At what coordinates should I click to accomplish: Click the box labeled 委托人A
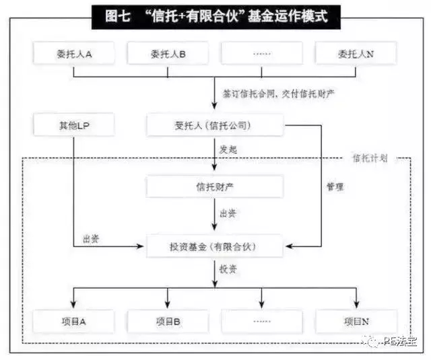[x=73, y=53]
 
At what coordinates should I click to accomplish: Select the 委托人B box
[x=167, y=53]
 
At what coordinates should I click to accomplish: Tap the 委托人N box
[x=356, y=53]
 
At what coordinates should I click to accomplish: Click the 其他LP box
[x=73, y=126]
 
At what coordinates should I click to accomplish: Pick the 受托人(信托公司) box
[x=215, y=126]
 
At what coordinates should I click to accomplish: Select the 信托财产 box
[x=215, y=186]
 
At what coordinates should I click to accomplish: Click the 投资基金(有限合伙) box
[x=215, y=246]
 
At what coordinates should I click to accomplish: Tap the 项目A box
[x=73, y=321]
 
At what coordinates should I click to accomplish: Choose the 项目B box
[x=167, y=321]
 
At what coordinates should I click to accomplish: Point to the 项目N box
[x=356, y=321]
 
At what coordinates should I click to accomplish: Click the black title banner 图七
[x=215, y=16]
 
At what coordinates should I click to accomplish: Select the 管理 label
[x=334, y=186]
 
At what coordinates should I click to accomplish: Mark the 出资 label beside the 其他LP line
[x=91, y=238]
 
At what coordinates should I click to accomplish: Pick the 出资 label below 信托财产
[x=228, y=214]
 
